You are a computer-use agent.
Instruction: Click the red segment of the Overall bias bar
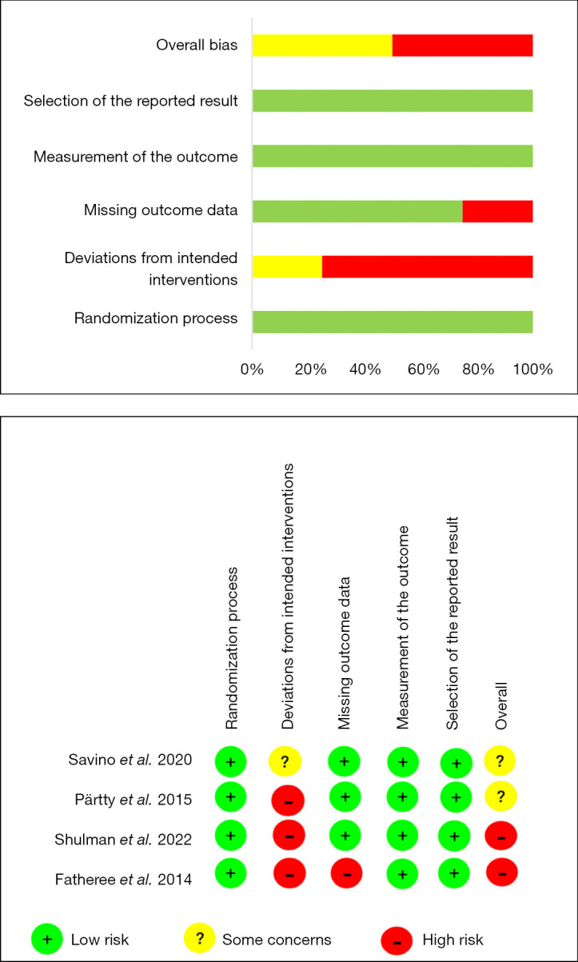pos(463,46)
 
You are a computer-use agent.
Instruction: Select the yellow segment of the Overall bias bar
pos(322,46)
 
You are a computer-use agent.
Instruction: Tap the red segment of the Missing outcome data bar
pos(498,211)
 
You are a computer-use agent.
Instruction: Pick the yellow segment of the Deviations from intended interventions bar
pos(287,267)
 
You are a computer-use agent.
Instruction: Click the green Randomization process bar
pos(393,321)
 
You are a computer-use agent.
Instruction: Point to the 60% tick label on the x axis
pos(424,369)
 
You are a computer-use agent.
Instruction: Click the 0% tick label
pos(252,369)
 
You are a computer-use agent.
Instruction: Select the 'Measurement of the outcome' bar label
pos(136,157)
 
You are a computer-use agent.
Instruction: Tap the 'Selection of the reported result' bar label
pos(130,101)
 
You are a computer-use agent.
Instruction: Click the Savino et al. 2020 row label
pos(130,760)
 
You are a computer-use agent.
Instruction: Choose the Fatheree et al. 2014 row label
pos(123,879)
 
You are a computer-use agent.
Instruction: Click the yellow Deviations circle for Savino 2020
pos(285,761)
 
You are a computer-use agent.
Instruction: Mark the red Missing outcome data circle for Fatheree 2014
pos(346,873)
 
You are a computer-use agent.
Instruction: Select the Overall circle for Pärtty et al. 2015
pos(500,796)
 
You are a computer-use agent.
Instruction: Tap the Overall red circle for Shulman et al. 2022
pos(500,836)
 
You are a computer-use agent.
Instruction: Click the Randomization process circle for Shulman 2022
pos(230,836)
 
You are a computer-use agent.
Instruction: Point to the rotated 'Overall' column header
pos(501,705)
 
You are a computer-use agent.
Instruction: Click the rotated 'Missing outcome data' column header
pos(344,653)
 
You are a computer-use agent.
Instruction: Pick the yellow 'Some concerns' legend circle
pos(200,938)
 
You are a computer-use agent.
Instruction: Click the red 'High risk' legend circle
pos(397,940)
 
